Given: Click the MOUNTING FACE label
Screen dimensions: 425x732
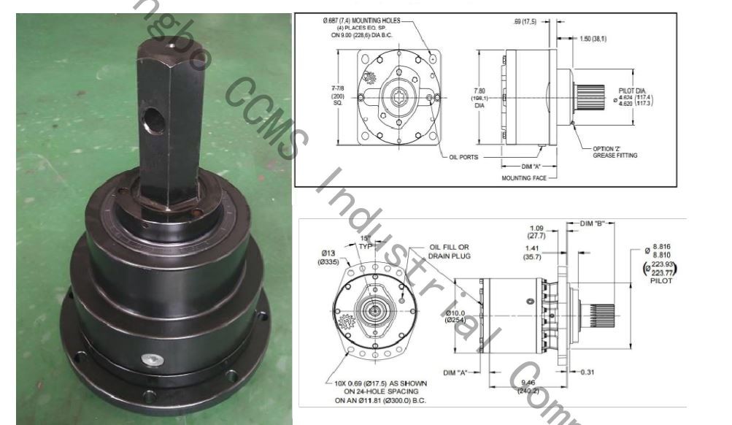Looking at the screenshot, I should point(523,177).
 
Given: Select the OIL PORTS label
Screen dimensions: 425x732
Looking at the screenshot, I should point(459,156).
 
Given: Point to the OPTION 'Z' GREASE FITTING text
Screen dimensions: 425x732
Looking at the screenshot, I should point(614,152).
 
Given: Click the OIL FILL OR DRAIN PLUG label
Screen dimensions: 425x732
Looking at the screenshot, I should point(450,252).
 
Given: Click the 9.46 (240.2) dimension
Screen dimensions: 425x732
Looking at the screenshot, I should point(528,386).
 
